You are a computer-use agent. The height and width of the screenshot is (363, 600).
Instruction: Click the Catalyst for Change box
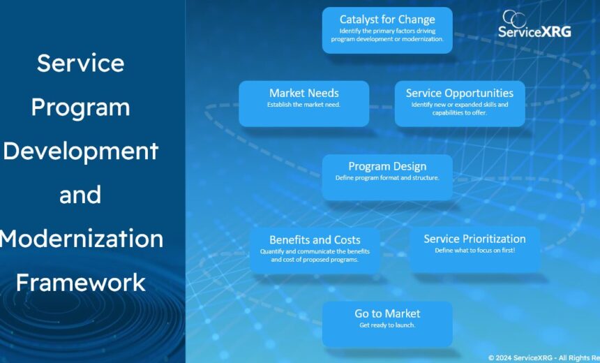[x=387, y=30]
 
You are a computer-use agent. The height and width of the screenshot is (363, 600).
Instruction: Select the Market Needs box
[x=303, y=103]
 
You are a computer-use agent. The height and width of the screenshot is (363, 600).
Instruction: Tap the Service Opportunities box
[x=460, y=103]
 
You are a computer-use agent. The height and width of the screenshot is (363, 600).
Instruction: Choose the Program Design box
[x=387, y=177]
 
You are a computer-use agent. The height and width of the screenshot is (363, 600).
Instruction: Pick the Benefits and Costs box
[x=315, y=251]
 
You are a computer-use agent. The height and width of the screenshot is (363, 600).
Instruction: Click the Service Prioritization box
[x=474, y=250]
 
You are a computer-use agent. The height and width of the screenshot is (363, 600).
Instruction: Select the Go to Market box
[x=387, y=324]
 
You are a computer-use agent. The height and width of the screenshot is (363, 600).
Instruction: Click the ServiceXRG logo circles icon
[x=514, y=17]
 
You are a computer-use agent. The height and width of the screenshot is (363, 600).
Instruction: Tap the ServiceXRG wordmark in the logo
[x=534, y=32]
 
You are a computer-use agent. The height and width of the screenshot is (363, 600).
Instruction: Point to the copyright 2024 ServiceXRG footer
[x=543, y=358]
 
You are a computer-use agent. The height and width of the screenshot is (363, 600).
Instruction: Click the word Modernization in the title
[x=82, y=238]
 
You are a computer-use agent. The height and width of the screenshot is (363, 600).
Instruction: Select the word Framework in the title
[x=81, y=282]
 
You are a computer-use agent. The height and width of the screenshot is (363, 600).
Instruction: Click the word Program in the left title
[x=81, y=108]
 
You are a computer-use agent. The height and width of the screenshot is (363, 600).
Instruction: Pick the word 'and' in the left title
[x=80, y=195]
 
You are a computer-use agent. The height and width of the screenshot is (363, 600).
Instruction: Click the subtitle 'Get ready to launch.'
[x=387, y=325]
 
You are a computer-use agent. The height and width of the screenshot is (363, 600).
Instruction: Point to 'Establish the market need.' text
[x=303, y=105]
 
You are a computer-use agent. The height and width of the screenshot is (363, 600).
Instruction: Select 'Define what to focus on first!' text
[x=475, y=251]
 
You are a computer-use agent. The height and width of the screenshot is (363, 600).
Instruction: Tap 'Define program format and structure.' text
[x=387, y=178]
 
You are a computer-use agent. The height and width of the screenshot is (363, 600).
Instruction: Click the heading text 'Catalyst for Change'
[x=387, y=19]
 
